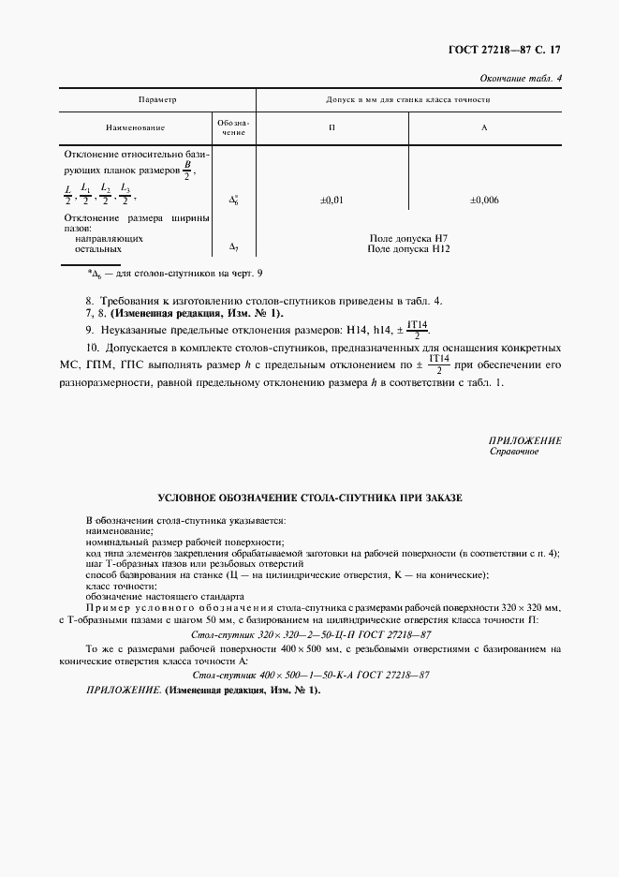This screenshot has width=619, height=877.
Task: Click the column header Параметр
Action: pyautogui.click(x=157, y=98)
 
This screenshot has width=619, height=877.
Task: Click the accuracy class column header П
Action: pyautogui.click(x=332, y=126)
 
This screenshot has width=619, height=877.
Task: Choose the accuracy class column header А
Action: pyautogui.click(x=484, y=126)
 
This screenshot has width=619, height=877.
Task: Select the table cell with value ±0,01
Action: pyautogui.click(x=332, y=200)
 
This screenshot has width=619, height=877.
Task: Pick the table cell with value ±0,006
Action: pyautogui.click(x=484, y=200)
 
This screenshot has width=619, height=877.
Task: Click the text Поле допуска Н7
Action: pyautogui.click(x=409, y=239)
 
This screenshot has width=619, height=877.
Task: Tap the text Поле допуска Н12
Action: pyautogui.click(x=409, y=249)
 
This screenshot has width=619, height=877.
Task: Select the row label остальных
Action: pyautogui.click(x=98, y=249)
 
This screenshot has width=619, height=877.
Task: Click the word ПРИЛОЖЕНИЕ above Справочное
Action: pyautogui.click(x=524, y=440)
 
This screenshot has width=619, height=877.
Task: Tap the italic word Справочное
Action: pyautogui.click(x=514, y=451)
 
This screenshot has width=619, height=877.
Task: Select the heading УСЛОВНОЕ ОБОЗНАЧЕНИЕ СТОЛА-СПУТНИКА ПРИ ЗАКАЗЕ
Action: pyautogui.click(x=309, y=498)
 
